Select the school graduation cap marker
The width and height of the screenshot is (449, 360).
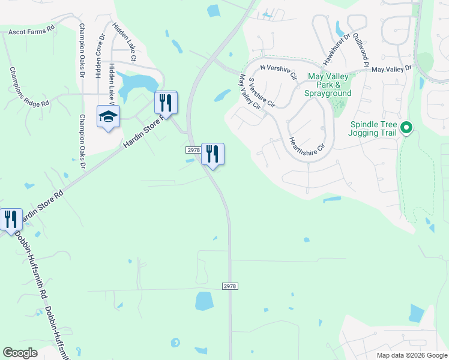(x=108, y=118)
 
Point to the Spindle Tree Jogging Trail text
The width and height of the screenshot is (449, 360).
(x=373, y=128)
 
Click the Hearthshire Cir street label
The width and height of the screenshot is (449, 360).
(x=307, y=144)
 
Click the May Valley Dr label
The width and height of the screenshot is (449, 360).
(x=392, y=70)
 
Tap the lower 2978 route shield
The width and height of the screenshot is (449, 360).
(x=231, y=287)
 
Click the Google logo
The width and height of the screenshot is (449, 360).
(x=20, y=353)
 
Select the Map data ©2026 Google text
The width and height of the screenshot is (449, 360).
(x=411, y=355)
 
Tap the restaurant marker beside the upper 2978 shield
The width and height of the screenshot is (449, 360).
(x=212, y=154)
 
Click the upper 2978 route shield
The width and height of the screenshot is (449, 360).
(x=192, y=150)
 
